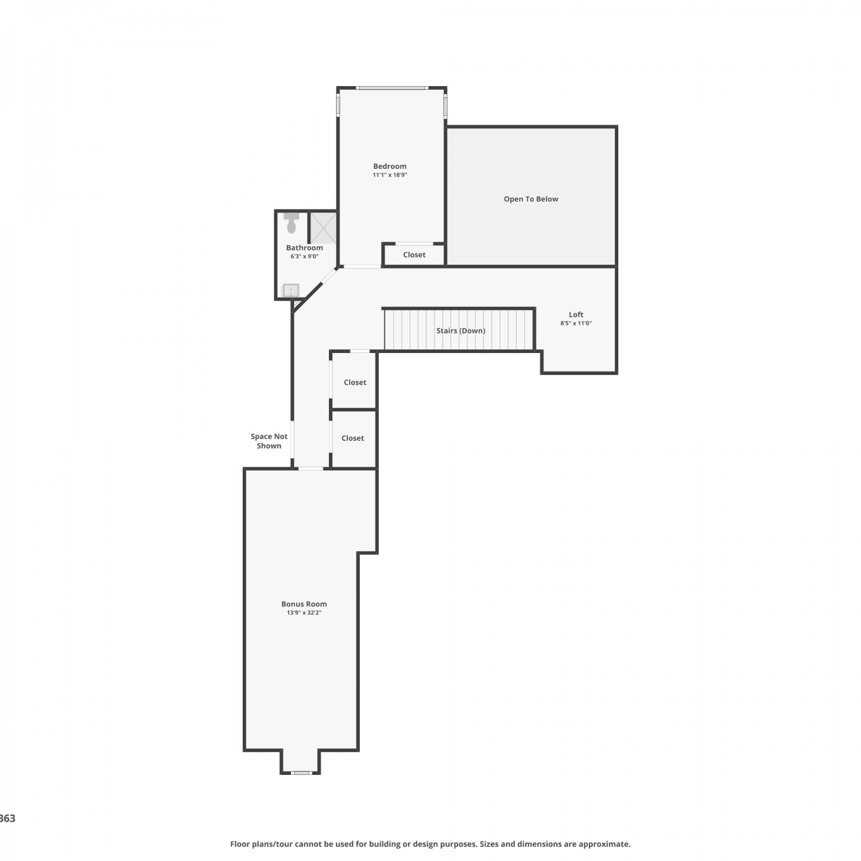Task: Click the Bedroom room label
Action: tap(390, 166)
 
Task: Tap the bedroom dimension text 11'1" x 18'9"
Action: tap(390, 175)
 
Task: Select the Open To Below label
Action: tap(531, 199)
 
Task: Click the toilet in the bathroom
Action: tap(292, 223)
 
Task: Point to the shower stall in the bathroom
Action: tap(323, 228)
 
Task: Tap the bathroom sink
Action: tap(291, 290)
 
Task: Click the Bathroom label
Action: tap(305, 248)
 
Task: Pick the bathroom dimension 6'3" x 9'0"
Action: tap(304, 257)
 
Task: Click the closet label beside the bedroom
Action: tap(414, 255)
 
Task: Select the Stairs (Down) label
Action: tap(461, 331)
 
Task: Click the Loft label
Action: tap(576, 315)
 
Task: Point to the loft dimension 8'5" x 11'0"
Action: tap(576, 323)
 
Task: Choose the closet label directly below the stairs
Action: tap(355, 382)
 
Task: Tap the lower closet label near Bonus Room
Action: tap(353, 438)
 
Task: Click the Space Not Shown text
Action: tap(269, 441)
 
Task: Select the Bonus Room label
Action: tap(304, 604)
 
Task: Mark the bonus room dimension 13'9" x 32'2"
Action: tap(304, 613)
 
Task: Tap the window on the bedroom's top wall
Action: tap(392, 88)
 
